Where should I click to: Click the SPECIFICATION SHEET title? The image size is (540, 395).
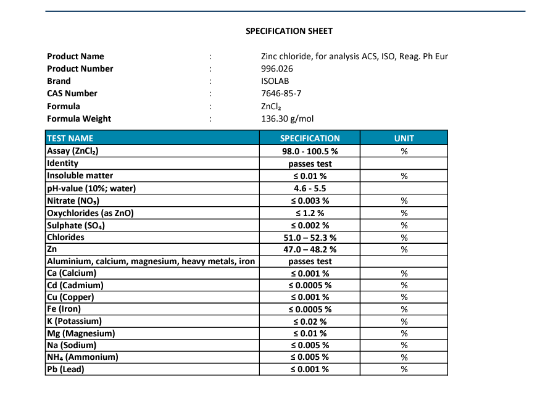coord(289,31)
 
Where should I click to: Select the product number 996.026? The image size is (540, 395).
coord(277,69)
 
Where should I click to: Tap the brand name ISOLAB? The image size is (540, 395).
coord(275,81)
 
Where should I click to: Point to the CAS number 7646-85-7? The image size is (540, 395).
coord(281,94)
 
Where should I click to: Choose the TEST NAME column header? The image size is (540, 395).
coord(70,138)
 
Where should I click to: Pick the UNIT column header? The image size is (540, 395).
coord(404,138)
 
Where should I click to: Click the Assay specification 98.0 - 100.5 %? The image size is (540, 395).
coord(310,151)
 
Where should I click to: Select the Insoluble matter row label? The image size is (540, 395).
coord(80,176)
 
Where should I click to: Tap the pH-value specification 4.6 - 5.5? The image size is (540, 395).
coord(310,188)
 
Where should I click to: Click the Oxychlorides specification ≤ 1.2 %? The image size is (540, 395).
coord(310,213)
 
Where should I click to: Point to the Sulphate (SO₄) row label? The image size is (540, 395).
coord(76,225)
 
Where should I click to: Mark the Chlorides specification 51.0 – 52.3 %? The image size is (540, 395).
coord(310,238)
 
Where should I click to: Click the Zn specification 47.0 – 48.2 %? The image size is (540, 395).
coord(310,249)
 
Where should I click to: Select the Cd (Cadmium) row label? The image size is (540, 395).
coord(75,285)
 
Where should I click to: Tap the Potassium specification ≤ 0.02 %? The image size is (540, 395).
coord(310,322)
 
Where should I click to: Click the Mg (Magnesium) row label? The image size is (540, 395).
coord(81,334)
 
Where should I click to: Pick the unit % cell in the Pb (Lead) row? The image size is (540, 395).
coord(404,370)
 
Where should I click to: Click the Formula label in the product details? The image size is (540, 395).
coord(64,106)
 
